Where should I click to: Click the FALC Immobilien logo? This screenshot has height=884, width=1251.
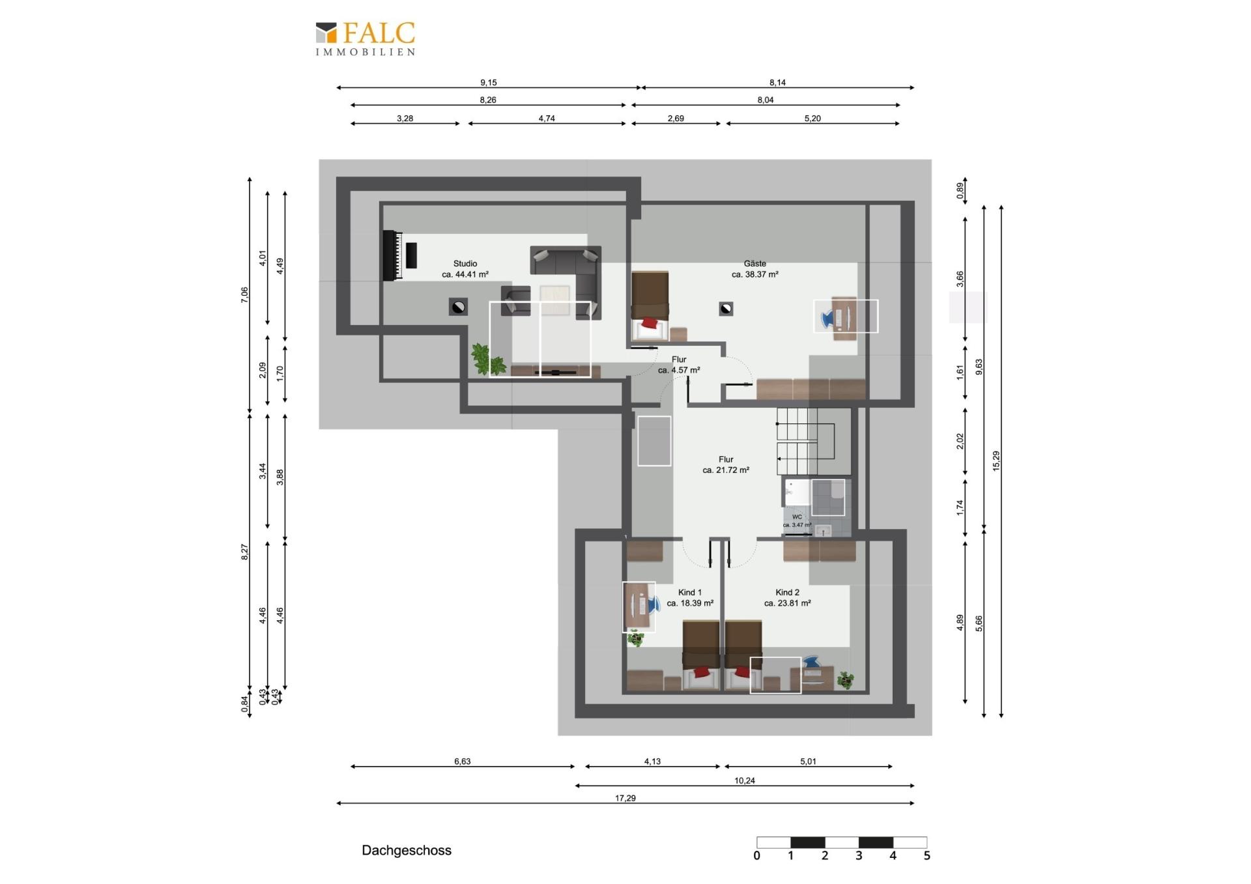tap(366, 39)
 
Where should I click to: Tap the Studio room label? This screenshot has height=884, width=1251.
tap(465, 269)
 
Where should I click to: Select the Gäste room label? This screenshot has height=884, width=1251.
tap(755, 269)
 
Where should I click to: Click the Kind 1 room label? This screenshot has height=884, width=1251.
tap(690, 598)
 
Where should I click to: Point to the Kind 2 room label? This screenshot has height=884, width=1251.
tap(788, 598)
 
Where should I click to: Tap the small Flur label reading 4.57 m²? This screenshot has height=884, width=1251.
tap(679, 365)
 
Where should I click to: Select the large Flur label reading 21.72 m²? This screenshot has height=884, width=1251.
tap(726, 464)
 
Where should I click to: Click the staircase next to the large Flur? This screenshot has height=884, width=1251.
tap(814, 442)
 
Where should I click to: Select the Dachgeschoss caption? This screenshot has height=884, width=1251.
tap(407, 850)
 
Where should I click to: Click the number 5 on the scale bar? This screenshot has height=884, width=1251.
tap(927, 856)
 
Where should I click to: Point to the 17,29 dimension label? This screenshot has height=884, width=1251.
tap(625, 798)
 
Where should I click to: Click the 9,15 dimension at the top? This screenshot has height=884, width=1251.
tap(489, 83)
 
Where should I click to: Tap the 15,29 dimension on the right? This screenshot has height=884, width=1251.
tap(996, 461)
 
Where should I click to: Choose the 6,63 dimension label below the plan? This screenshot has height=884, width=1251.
tap(462, 762)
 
